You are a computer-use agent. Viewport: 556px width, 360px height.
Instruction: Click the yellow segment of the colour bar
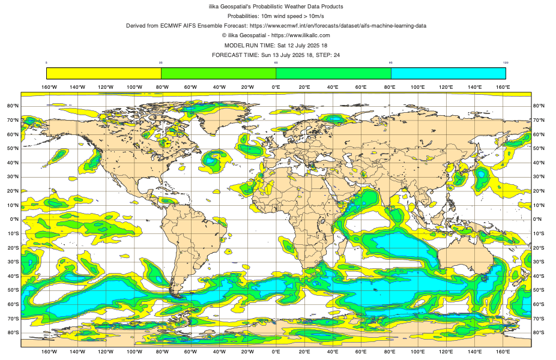(104, 73)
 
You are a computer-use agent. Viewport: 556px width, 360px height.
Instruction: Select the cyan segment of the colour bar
(448, 73)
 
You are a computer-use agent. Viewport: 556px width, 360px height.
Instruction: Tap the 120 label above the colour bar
(506, 62)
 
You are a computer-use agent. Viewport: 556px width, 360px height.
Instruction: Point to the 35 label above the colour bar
(161, 62)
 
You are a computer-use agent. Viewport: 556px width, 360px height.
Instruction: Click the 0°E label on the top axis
(276, 87)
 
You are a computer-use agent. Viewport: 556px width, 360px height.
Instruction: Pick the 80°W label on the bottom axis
(162, 352)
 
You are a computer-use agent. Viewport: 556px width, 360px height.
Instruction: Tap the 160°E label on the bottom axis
(503, 352)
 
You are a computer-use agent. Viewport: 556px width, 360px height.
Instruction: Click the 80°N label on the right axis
(539, 106)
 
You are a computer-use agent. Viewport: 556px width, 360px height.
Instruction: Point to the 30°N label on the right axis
(539, 177)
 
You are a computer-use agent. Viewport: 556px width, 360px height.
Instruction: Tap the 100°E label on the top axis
(418, 87)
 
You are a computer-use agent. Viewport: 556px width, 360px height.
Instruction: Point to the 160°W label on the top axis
(49, 87)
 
